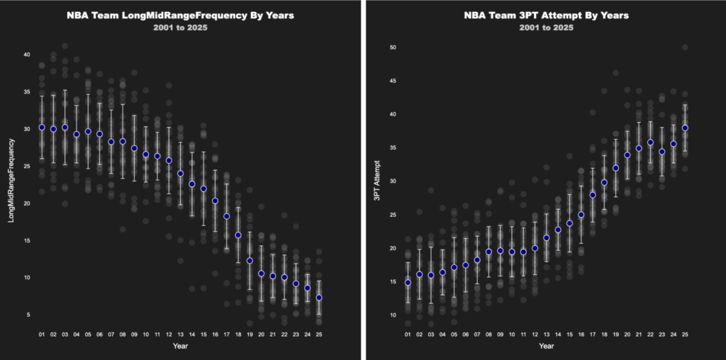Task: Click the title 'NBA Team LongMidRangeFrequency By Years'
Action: tap(180, 14)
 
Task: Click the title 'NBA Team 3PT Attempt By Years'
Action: tap(546, 14)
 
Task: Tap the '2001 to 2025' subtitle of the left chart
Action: tap(180, 28)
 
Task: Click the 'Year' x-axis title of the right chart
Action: tap(546, 347)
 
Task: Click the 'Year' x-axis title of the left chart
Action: tap(180, 347)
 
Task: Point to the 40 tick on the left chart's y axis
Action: tap(26, 55)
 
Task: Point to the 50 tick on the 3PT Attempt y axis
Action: tap(391, 47)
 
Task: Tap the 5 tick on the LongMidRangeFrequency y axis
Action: tap(27, 314)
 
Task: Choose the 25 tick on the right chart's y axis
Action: tap(391, 215)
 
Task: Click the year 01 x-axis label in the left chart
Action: tap(42, 334)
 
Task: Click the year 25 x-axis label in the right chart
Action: tap(685, 334)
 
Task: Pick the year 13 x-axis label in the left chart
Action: tap(180, 334)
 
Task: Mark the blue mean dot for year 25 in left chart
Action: tap(319, 298)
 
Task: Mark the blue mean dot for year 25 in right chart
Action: tap(685, 128)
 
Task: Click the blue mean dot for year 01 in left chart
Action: tap(42, 128)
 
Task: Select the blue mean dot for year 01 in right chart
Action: tap(408, 283)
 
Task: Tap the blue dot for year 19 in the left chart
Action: tap(250, 261)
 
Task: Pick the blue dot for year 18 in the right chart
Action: tap(604, 182)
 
